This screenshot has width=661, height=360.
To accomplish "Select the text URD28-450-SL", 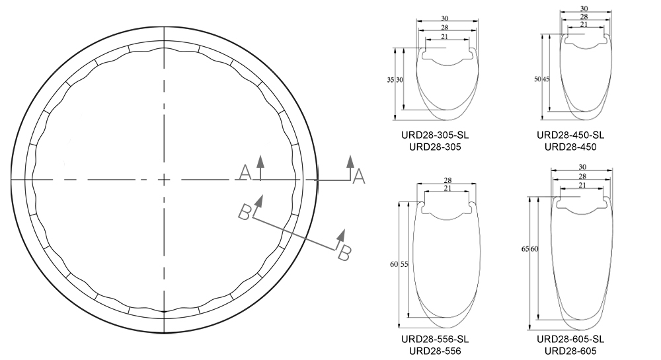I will point(570,135).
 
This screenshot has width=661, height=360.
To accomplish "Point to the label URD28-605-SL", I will point(570,340).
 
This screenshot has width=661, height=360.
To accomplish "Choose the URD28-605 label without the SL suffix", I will point(570,351).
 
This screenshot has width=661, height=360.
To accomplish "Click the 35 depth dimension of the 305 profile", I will point(390,80).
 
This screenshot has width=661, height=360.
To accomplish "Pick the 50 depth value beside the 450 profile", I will point(537,79).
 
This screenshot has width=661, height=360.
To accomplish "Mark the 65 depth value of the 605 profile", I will point(525,249).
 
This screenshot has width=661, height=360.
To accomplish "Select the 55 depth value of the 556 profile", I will point(404,264).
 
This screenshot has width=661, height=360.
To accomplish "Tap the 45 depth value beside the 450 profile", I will point(546,79).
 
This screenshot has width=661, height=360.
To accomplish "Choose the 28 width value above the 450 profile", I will point(584,16).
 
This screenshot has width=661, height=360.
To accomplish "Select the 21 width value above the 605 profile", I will point(582,186).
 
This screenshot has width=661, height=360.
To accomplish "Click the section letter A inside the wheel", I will point(245,173).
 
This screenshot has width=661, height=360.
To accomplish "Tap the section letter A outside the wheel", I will point(359,176).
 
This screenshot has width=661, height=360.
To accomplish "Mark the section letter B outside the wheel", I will point(344,254).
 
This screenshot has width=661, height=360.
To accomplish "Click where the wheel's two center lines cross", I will point(162,179).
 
